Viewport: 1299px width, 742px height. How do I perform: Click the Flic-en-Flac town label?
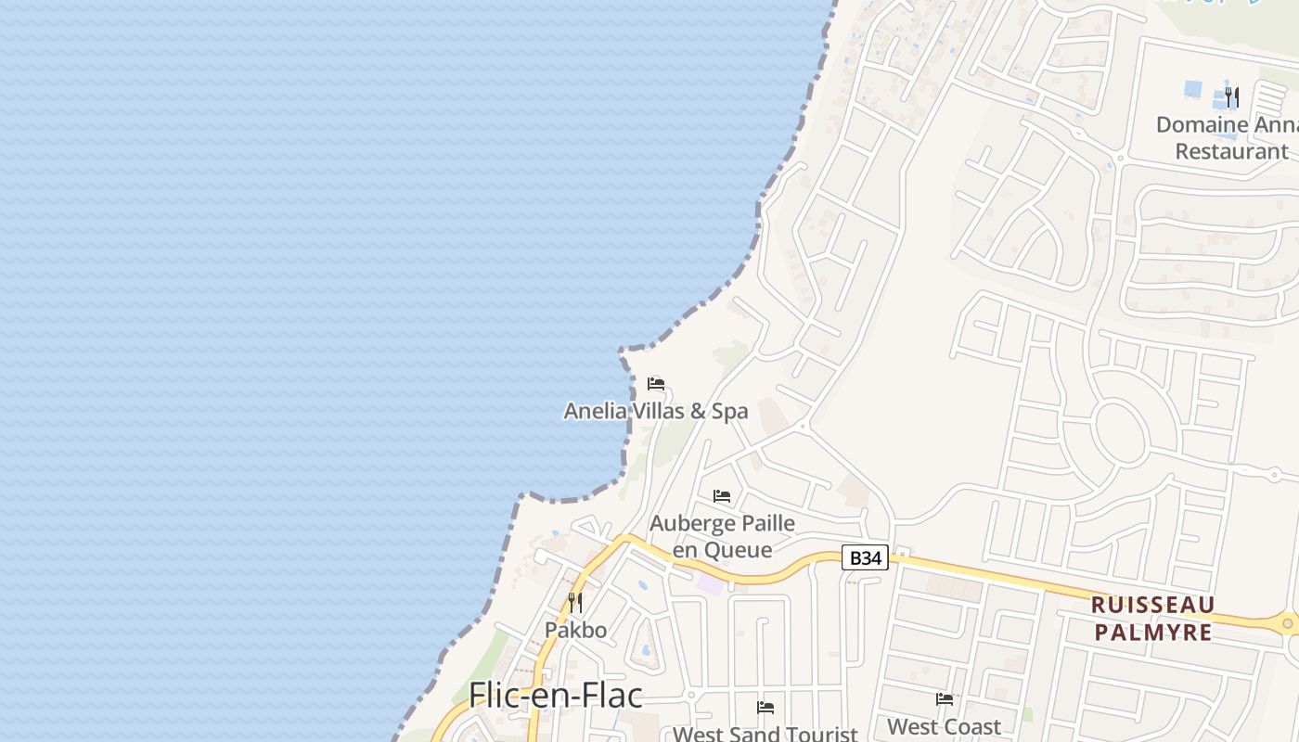pyautogui.click(x=555, y=695)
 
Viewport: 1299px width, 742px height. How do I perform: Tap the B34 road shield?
pyautogui.click(x=865, y=557)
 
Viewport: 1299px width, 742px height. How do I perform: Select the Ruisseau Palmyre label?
pyautogui.click(x=1152, y=619)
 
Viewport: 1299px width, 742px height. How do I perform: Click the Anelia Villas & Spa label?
pyautogui.click(x=655, y=411)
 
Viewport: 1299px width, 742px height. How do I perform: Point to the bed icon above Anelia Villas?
pyautogui.click(x=656, y=384)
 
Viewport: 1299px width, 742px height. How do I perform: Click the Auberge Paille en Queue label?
pyautogui.click(x=722, y=536)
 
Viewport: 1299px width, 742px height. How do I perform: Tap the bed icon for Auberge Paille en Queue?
pyautogui.click(x=722, y=496)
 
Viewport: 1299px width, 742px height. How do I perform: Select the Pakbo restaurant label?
pyautogui.click(x=575, y=630)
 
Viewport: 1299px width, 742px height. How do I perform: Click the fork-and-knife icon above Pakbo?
pyautogui.click(x=575, y=603)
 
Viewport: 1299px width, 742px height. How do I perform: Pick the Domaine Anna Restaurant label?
pyautogui.click(x=1227, y=137)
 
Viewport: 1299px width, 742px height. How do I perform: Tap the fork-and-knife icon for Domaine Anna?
pyautogui.click(x=1231, y=96)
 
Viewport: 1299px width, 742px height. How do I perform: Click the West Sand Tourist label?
pyautogui.click(x=765, y=734)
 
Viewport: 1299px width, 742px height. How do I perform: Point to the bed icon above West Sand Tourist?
pyautogui.click(x=765, y=708)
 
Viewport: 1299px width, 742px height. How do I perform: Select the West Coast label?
pyautogui.click(x=944, y=726)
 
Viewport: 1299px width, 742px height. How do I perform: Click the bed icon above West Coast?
pyautogui.click(x=945, y=699)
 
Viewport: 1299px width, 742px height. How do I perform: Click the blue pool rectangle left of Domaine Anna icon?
pyautogui.click(x=1192, y=90)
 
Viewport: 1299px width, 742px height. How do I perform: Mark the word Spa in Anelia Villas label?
pyautogui.click(x=729, y=411)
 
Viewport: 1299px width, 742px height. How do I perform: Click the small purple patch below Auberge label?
pyautogui.click(x=709, y=585)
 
